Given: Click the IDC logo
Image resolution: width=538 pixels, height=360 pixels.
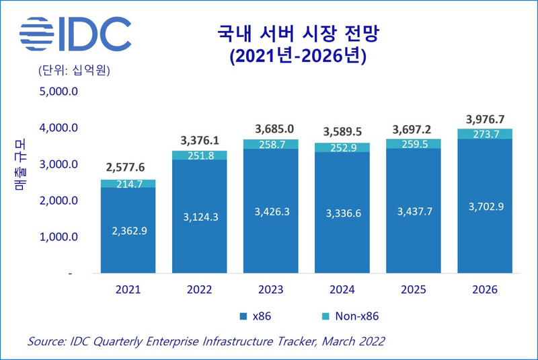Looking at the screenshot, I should click(75, 34).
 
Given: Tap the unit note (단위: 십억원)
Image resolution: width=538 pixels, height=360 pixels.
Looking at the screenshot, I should click(69, 70).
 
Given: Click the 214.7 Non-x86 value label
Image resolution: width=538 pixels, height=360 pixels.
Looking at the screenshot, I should click(128, 183).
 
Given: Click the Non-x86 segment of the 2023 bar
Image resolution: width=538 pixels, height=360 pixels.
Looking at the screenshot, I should click(270, 144).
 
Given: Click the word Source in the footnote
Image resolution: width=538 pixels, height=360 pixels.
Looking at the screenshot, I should click(45, 342).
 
